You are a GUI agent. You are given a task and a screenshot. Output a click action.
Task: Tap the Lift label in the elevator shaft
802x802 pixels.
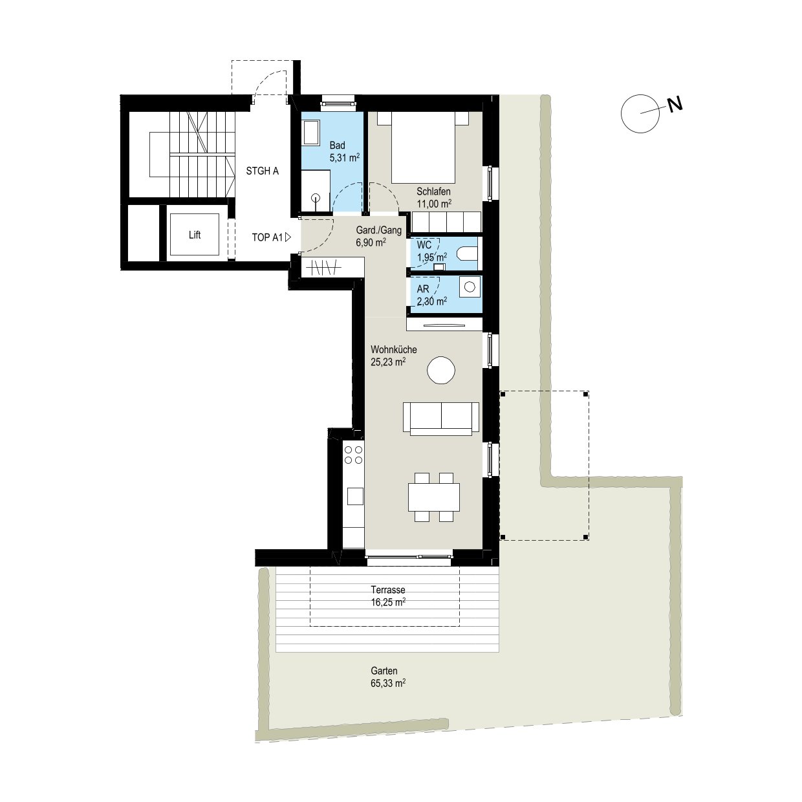click(195, 235)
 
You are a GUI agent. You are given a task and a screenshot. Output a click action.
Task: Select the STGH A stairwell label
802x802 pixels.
click(262, 171)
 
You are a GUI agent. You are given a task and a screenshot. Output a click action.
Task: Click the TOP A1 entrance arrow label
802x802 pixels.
click(272, 237)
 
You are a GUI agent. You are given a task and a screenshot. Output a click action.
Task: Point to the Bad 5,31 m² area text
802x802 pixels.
click(344, 158)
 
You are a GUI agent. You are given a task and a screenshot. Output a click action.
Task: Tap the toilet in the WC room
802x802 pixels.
click(467, 254)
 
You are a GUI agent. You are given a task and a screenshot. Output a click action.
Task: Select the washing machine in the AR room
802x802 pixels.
click(470, 287)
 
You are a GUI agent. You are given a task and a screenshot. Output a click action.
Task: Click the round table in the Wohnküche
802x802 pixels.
click(440, 370)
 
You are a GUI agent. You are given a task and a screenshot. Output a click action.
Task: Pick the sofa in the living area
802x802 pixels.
click(440, 418)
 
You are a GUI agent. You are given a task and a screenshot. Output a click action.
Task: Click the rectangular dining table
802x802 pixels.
click(434, 497)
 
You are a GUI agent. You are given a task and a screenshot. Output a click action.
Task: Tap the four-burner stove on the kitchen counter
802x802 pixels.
click(353, 455)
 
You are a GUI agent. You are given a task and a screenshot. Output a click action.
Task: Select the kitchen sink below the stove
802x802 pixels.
click(355, 496)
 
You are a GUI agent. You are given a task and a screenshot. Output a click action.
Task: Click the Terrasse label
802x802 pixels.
click(388, 590)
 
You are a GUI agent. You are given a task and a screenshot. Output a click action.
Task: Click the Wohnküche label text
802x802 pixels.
click(394, 350)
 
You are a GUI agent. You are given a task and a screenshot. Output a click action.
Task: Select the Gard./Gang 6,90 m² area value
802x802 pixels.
click(371, 243)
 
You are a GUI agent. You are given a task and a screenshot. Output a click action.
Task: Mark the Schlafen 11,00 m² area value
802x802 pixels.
click(434, 204)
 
